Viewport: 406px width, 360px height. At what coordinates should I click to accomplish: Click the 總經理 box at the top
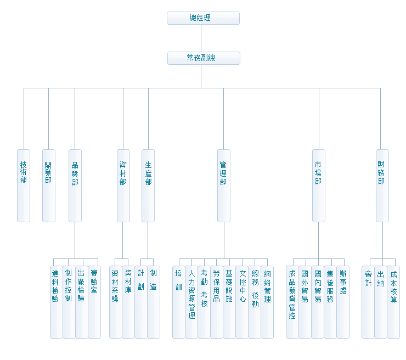pyautogui.click(x=203, y=18)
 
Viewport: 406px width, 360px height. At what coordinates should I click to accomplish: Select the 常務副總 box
pyautogui.click(x=204, y=58)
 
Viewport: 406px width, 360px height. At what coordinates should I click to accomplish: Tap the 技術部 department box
pyautogui.click(x=24, y=185)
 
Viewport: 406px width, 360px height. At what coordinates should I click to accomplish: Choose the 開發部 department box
pyautogui.click(x=49, y=185)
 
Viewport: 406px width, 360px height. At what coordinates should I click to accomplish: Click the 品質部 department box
pyautogui.click(x=75, y=185)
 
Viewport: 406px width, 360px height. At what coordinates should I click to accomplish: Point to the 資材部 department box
pyautogui.click(x=123, y=185)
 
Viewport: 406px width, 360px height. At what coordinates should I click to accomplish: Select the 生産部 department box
pyautogui.click(x=148, y=185)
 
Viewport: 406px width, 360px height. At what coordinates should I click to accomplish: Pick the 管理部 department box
pyautogui.click(x=223, y=185)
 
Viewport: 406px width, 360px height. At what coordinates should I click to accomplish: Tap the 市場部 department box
pyautogui.click(x=319, y=185)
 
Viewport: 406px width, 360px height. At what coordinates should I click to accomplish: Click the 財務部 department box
pyautogui.click(x=382, y=185)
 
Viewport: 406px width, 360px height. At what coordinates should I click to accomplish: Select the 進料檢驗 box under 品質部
pyautogui.click(x=56, y=302)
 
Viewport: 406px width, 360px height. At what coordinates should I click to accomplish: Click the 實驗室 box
pyautogui.click(x=94, y=302)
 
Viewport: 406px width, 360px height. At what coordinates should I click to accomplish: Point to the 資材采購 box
pyautogui.click(x=115, y=302)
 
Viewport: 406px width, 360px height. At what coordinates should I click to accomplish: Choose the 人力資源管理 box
pyautogui.click(x=191, y=302)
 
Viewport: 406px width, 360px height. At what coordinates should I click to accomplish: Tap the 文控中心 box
pyautogui.click(x=242, y=302)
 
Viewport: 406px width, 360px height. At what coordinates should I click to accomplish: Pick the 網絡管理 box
pyautogui.click(x=267, y=302)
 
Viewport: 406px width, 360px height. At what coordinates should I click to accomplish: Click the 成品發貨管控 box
pyautogui.click(x=292, y=302)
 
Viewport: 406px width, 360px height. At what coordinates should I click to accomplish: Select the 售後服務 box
pyautogui.click(x=330, y=302)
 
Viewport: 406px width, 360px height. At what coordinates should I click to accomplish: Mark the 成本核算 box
pyautogui.click(x=393, y=302)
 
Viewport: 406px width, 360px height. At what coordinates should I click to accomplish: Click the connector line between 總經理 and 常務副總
pyautogui.click(x=201, y=38)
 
